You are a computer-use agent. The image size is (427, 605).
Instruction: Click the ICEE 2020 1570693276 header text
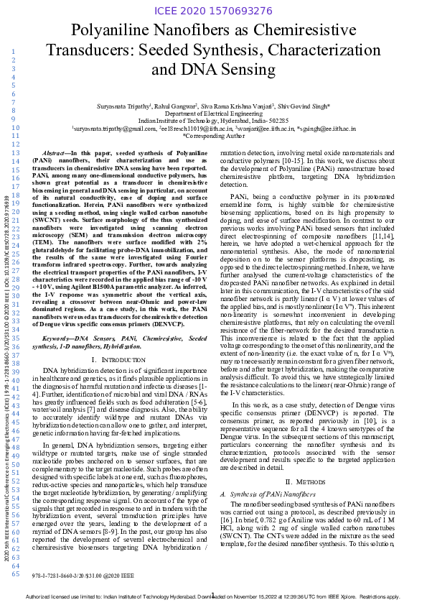[213, 11]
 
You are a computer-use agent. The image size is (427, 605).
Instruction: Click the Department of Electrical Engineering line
[213, 114]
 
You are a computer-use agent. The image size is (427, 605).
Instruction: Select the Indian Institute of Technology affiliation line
[213, 121]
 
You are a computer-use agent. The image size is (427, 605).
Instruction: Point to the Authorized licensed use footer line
[213, 596]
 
